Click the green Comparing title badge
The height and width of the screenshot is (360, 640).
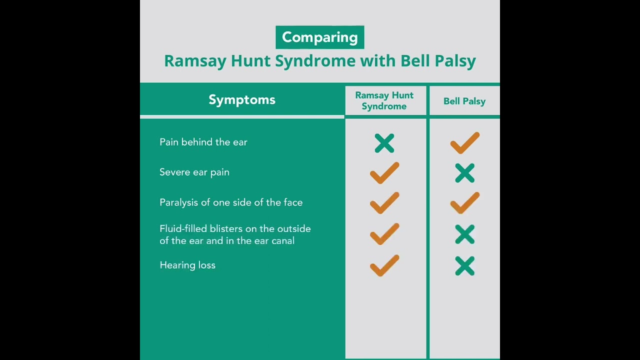[x=319, y=37]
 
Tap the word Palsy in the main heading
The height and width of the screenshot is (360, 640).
[x=455, y=61]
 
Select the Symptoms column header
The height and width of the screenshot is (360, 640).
[x=242, y=100]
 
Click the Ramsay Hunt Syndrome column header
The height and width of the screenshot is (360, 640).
[x=384, y=101]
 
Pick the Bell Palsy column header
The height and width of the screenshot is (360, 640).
[x=464, y=101]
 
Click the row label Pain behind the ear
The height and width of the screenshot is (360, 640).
[x=203, y=142]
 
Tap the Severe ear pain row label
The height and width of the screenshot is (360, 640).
[x=194, y=172]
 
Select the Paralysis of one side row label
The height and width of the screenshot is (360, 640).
[x=231, y=202]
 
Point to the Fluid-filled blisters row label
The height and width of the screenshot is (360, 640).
[x=235, y=235]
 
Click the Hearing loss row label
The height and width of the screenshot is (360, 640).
[x=187, y=265]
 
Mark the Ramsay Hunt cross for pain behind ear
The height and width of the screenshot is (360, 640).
[x=384, y=143]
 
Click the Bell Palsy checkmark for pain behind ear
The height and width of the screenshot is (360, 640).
[x=464, y=143]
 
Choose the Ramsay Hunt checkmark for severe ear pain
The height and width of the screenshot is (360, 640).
[x=384, y=173]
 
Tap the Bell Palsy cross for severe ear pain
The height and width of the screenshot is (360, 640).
[x=465, y=173]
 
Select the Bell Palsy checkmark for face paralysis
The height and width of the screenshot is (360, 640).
[x=464, y=203]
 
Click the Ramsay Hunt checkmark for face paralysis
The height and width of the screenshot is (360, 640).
[x=384, y=203]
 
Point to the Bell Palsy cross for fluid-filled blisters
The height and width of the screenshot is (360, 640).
[x=465, y=234]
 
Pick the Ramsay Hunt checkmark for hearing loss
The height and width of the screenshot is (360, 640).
[x=384, y=266]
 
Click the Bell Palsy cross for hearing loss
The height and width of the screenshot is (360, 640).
[x=465, y=266]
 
